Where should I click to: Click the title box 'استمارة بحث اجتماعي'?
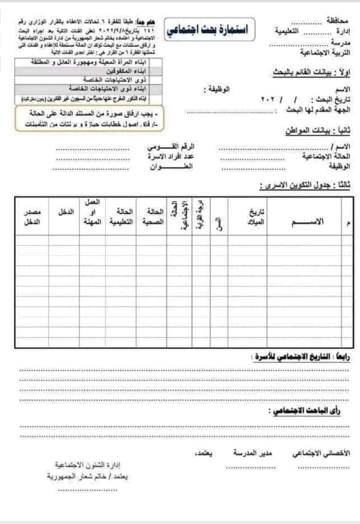(210, 28)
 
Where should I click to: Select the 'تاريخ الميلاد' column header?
(256, 216)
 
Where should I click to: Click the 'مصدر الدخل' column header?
(33, 217)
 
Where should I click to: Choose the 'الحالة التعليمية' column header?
(121, 217)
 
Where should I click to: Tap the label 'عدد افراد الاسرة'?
(170, 157)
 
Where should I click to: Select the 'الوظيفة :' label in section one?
(216, 90)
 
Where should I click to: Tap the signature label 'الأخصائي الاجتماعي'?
(321, 453)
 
